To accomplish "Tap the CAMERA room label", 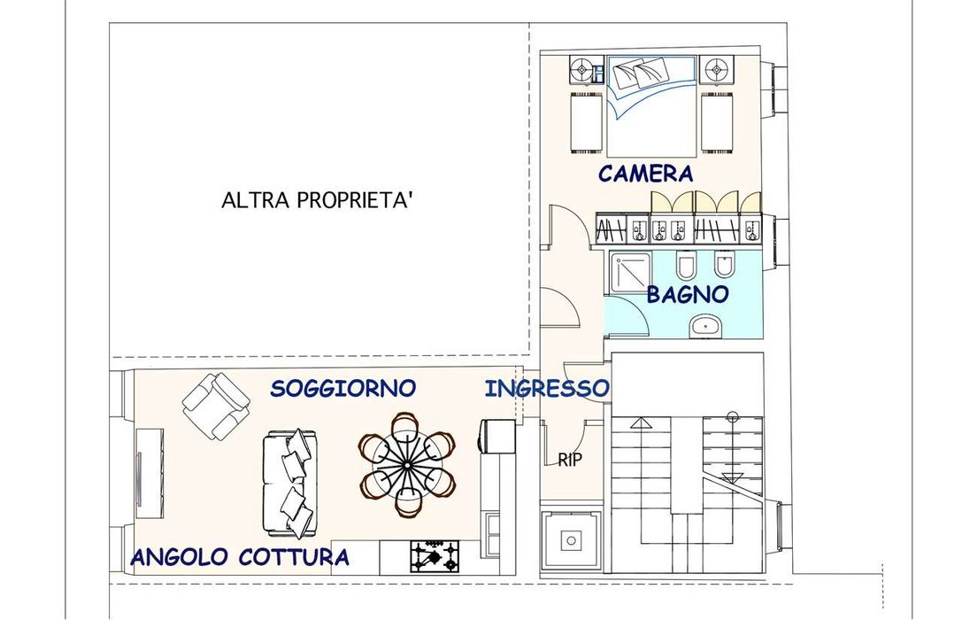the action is [646, 174].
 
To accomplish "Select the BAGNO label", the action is [688, 294].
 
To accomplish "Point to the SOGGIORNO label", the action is [343, 388].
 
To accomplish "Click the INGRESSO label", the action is [547, 388].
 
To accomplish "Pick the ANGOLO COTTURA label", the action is [240, 557].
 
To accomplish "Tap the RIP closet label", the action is [570, 460].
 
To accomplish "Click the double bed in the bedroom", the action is [651, 105].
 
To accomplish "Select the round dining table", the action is [407, 465].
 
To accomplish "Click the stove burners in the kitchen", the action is [435, 556].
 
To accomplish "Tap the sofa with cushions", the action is [291, 483].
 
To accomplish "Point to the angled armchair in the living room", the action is [216, 406].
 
